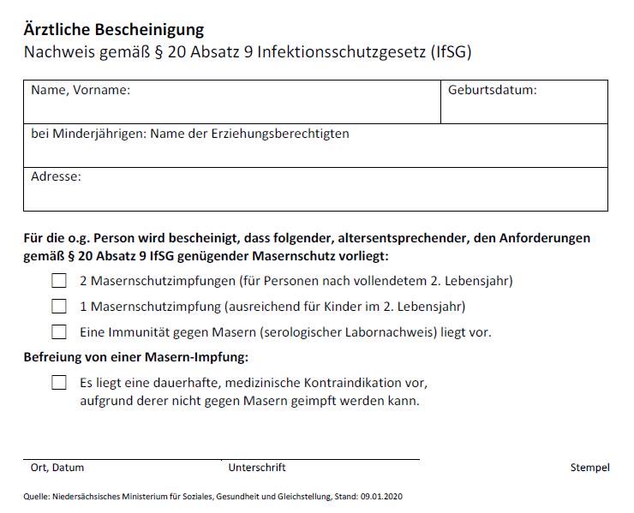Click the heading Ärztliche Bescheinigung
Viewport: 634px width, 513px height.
click(x=114, y=29)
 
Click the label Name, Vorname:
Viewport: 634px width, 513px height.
click(x=81, y=89)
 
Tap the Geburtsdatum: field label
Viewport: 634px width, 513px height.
click(x=492, y=89)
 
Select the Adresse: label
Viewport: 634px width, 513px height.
click(x=56, y=176)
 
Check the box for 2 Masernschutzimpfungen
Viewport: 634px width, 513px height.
click(x=59, y=280)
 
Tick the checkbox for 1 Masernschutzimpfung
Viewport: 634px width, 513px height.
click(x=59, y=306)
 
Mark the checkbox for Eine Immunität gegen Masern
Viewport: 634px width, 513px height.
click(x=59, y=331)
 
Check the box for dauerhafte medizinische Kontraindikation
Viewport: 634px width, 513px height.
click(x=59, y=383)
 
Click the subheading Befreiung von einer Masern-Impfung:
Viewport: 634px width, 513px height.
click(x=136, y=356)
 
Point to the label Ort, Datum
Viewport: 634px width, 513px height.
click(x=57, y=468)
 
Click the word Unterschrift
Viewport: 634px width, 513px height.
click(x=257, y=468)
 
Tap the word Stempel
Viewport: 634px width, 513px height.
click(x=589, y=468)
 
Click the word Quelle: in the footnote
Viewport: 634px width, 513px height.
click(x=37, y=497)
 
